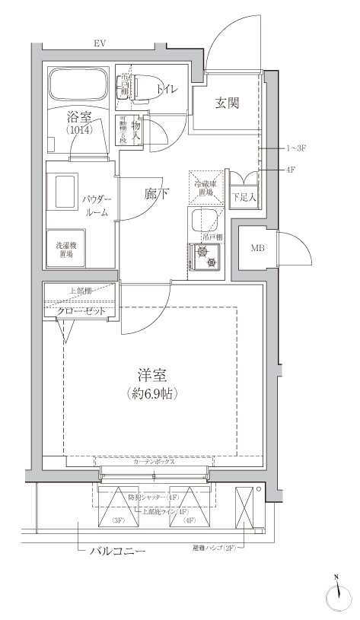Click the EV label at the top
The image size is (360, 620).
pos(99,44)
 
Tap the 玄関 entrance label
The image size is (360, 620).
pos(227,103)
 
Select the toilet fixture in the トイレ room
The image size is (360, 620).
pos(142,87)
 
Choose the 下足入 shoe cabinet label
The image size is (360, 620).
pos(244,197)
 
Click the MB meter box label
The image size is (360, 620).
pos(257,247)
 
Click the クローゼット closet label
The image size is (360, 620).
pos(80,312)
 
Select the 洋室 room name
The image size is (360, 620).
pos(153,375)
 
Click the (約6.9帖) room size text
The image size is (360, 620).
pos(153,394)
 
